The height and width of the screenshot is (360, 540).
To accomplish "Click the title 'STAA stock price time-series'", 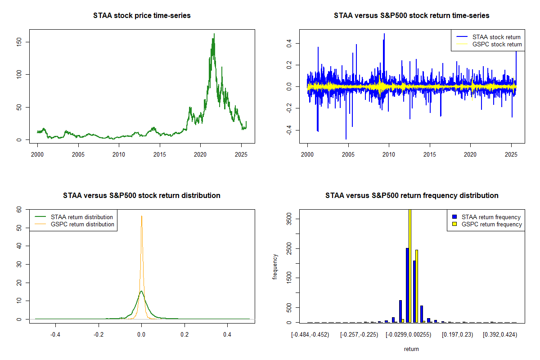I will (142, 16).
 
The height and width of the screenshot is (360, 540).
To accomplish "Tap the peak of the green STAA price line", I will (214, 34).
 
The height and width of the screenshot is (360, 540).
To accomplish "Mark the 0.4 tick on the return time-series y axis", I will (289, 43).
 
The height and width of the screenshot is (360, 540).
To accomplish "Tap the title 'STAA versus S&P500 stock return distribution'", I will (142, 196).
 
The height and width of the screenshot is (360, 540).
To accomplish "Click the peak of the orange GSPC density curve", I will (141, 216).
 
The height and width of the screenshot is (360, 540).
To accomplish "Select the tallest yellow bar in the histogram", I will (410, 265).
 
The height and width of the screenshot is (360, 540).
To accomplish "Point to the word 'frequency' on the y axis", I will (275, 266).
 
